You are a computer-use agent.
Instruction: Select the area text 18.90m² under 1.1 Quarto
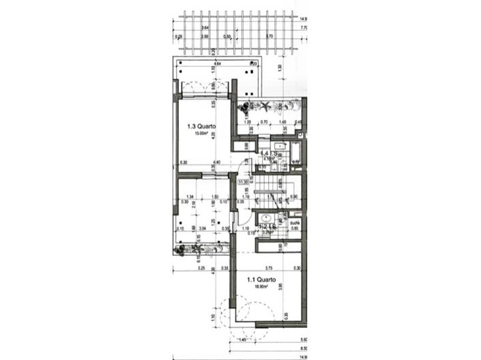tap(261, 287)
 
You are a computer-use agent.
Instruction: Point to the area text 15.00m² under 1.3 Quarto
tap(200, 134)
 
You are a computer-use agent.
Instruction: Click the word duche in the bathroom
tap(295, 222)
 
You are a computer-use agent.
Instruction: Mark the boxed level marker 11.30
tap(242, 182)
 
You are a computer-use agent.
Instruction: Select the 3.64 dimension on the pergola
tap(205, 28)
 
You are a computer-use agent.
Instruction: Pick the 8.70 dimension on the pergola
tap(269, 36)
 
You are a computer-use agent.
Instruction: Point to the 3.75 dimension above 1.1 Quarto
tap(269, 268)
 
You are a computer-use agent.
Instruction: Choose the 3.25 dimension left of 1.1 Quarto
tap(202, 269)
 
